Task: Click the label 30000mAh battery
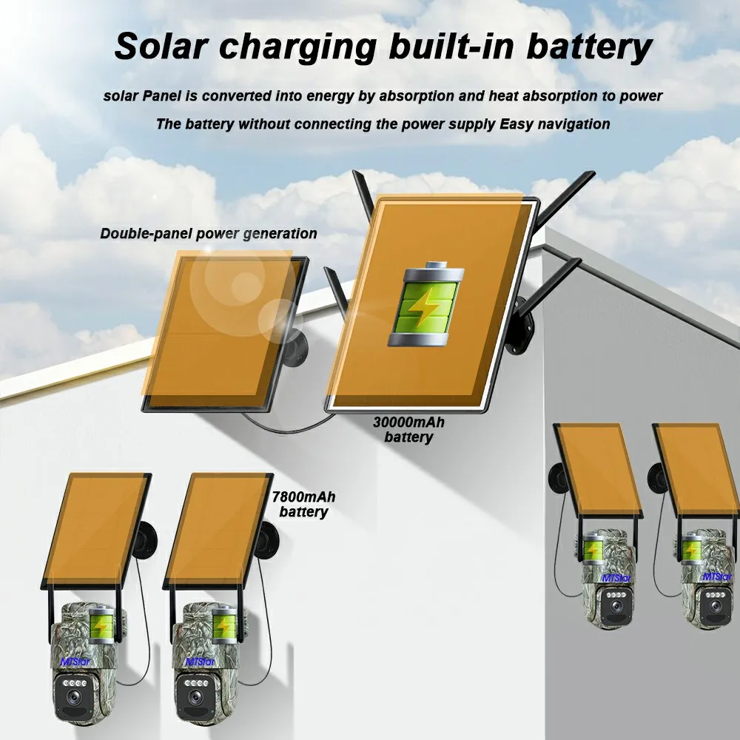(408, 430)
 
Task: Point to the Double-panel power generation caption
(209, 234)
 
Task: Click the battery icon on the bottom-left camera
(102, 624)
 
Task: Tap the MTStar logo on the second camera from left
(201, 661)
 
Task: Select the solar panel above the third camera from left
(596, 470)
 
